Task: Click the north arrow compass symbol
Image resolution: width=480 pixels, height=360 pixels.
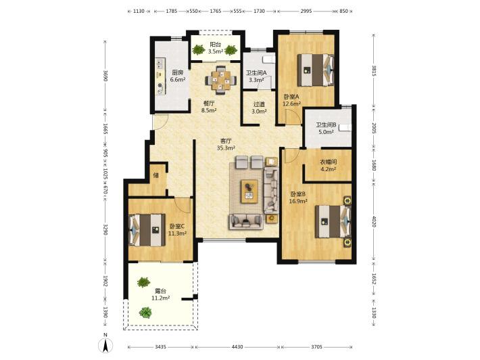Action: (x=105, y=344)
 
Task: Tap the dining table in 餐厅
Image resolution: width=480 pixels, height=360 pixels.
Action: (x=221, y=81)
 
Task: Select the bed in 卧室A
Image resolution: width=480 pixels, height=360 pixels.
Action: (x=316, y=70)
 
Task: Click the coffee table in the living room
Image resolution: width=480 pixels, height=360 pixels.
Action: (x=249, y=192)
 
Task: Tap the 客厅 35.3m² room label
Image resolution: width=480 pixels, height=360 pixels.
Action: (x=226, y=144)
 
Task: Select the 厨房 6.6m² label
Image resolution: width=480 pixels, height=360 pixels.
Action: (x=178, y=76)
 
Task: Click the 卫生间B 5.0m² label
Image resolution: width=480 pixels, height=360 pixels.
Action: (x=326, y=129)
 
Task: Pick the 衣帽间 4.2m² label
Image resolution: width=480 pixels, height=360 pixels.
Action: (x=328, y=165)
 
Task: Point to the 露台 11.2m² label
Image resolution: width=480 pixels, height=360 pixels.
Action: (x=161, y=294)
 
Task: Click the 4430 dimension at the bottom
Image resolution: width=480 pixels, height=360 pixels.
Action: (x=237, y=347)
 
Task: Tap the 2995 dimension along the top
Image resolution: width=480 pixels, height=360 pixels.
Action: (x=306, y=11)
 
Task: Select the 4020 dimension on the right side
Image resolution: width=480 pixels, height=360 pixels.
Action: (x=374, y=221)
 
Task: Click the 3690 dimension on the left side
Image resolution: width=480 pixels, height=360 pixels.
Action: (x=105, y=76)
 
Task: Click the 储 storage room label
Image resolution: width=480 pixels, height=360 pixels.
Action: (x=155, y=175)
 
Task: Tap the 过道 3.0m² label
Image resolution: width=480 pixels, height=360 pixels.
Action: (x=259, y=108)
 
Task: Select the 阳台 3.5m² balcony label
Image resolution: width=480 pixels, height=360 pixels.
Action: (x=216, y=48)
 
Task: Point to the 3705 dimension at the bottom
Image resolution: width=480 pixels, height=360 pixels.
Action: (x=317, y=347)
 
